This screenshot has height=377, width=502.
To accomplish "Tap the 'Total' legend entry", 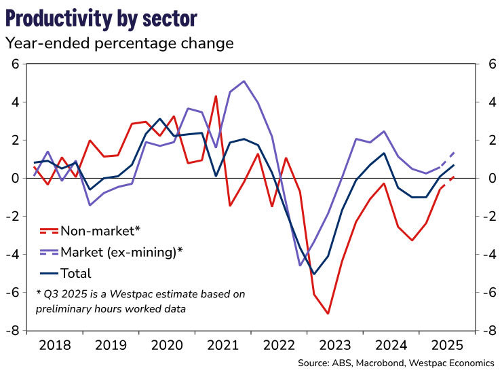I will click(76, 274).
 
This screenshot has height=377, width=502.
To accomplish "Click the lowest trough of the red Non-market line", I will click(328, 313).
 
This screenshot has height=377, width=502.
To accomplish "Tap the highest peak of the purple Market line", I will click(244, 81).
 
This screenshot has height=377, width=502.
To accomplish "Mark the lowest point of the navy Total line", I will click(313, 274).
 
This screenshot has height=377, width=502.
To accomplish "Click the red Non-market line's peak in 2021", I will click(216, 96).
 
